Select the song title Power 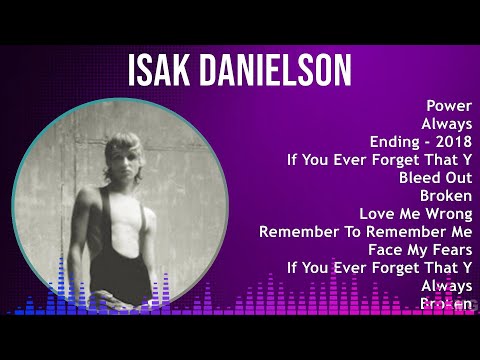coord(449,105)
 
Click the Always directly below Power coord(445,123)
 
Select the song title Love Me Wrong coord(416,213)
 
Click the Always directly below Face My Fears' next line coord(445,285)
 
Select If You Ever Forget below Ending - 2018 coord(379,159)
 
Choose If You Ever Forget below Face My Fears coord(379,267)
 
